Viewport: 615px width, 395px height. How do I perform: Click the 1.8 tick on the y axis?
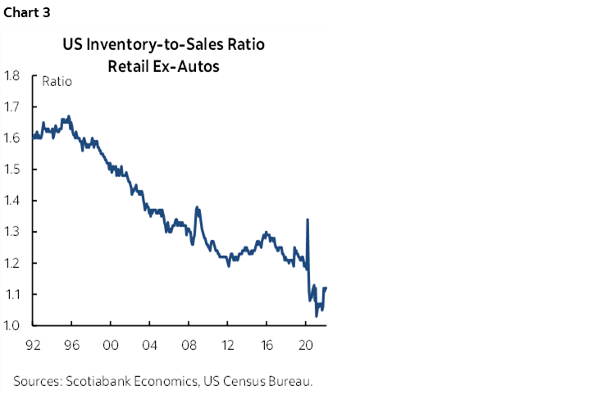(12, 75)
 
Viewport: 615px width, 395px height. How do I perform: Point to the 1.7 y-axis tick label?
(12, 107)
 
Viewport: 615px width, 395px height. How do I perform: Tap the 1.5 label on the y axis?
(12, 169)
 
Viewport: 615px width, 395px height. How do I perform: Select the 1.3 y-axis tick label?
(12, 231)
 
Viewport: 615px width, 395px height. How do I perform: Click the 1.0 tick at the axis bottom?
(12, 325)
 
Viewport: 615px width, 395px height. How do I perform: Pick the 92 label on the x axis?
(34, 345)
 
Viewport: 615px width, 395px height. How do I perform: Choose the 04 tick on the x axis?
(150, 345)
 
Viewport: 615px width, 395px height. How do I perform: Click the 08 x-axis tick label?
(189, 345)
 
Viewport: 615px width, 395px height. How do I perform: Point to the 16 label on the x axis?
(266, 345)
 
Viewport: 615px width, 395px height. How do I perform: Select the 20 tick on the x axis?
(305, 345)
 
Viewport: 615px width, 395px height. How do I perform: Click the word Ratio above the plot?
(56, 81)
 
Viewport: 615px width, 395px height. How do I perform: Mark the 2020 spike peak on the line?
(307, 220)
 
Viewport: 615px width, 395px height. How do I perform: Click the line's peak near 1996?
(69, 116)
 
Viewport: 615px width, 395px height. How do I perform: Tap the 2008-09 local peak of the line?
(196, 207)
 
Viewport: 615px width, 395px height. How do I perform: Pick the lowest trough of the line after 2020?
(317, 315)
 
